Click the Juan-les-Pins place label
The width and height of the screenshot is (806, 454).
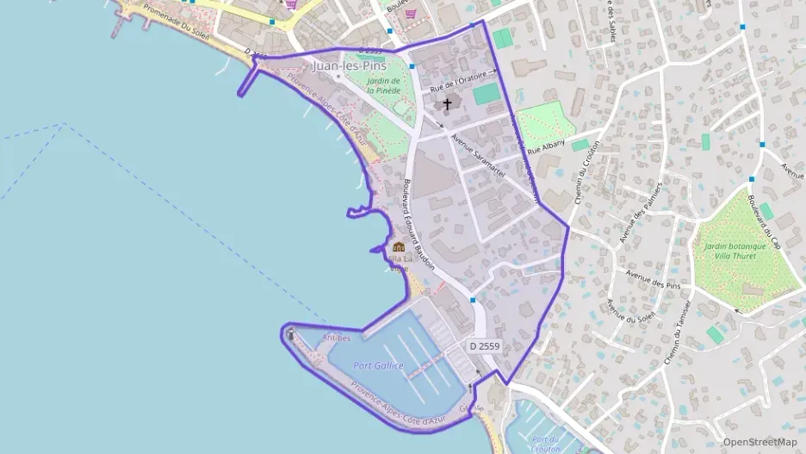point(350,65)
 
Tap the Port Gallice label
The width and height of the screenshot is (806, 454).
point(378,365)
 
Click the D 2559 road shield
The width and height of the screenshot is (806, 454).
point(485,345)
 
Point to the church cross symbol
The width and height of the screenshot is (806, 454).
point(446,105)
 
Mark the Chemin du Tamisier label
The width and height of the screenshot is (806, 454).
point(678,332)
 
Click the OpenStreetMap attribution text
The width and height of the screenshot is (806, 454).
point(759,442)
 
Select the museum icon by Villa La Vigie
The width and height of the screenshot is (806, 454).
point(398,246)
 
